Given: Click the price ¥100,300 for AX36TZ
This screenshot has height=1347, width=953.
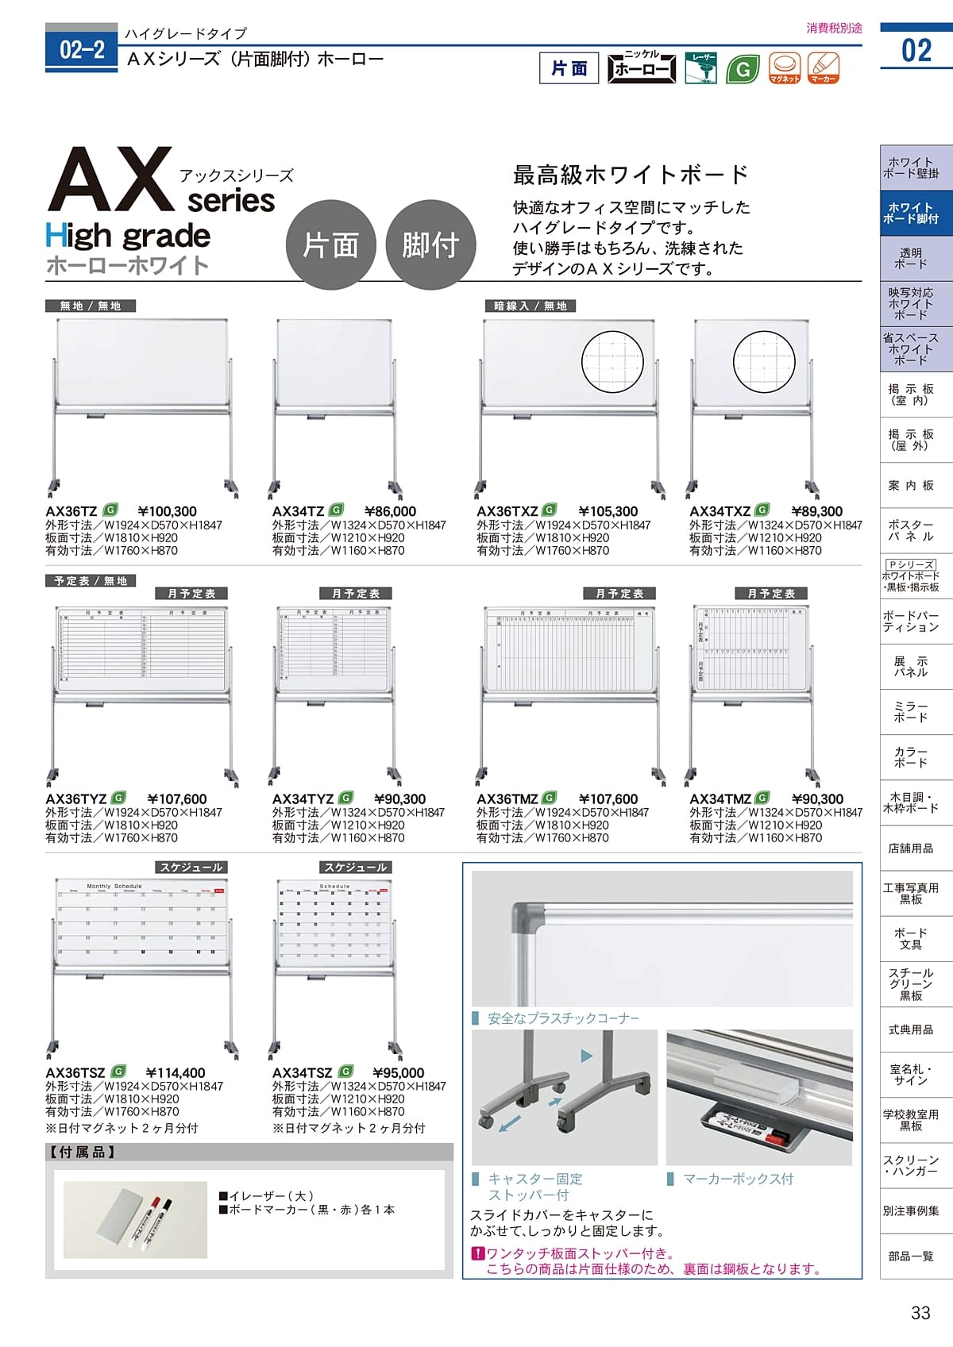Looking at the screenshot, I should [167, 512].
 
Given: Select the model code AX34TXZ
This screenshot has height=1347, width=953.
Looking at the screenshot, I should [720, 512].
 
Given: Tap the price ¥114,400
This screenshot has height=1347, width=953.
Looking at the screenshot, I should [176, 1073].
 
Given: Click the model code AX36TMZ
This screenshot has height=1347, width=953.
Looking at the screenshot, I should [507, 799].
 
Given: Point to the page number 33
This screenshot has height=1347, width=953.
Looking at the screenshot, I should [920, 1313].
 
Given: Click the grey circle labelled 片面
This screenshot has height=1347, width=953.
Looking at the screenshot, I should [330, 244].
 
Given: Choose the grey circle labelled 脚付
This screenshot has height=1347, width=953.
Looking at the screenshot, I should [430, 244].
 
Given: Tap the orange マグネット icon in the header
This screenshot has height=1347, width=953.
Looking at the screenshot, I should [785, 67].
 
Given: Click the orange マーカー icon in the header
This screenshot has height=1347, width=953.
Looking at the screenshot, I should [823, 67].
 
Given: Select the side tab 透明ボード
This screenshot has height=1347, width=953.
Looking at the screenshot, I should [911, 258].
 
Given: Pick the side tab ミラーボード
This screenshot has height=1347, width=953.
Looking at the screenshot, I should [911, 712].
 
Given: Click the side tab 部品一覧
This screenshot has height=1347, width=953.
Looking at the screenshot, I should [911, 1256].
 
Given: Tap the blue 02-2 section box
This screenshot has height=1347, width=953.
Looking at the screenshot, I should [82, 50].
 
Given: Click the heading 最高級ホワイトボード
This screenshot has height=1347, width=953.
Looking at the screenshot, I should [631, 174].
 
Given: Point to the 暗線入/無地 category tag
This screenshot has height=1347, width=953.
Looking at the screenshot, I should [531, 306].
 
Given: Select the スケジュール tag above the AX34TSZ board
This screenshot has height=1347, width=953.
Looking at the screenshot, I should [356, 868].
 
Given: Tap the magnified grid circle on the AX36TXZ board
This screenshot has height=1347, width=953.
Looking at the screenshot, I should [612, 362].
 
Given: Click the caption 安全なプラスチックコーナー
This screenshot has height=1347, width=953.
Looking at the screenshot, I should [563, 1018].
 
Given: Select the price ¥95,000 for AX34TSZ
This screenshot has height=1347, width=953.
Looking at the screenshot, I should [398, 1073].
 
